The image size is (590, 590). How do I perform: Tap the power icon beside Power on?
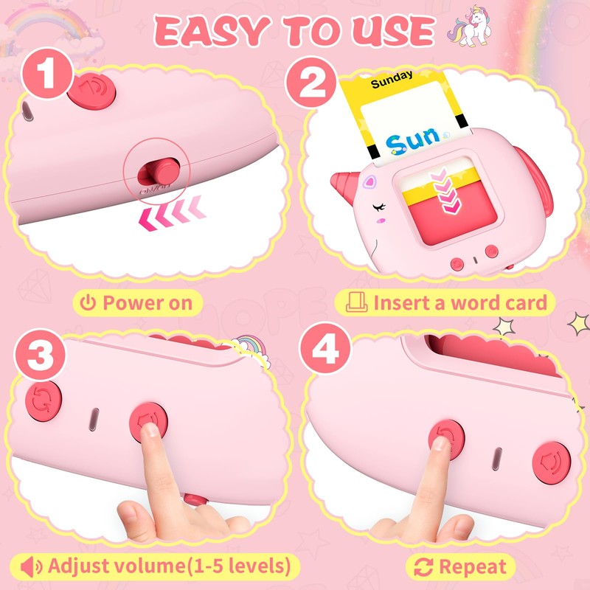[88, 302]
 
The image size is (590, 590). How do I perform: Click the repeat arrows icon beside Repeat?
[423, 566]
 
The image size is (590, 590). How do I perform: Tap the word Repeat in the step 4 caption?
[472, 566]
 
